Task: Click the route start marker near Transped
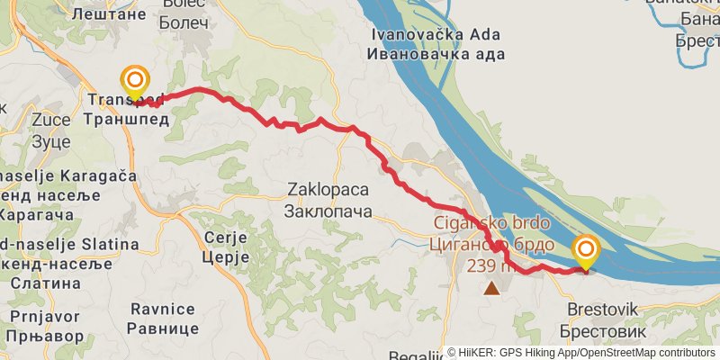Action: (135, 80)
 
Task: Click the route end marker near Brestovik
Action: (586, 249)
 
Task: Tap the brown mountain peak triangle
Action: (490, 288)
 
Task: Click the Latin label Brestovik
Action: (602, 310)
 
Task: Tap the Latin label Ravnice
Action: (162, 310)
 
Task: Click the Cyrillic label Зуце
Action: (50, 141)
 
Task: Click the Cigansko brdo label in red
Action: (492, 223)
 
